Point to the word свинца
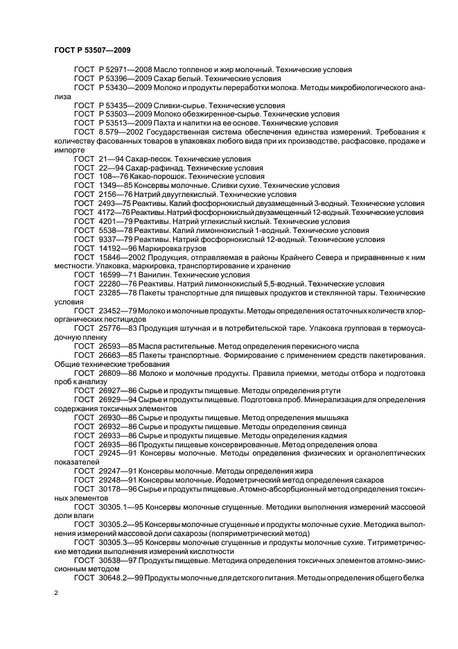(327, 427)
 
